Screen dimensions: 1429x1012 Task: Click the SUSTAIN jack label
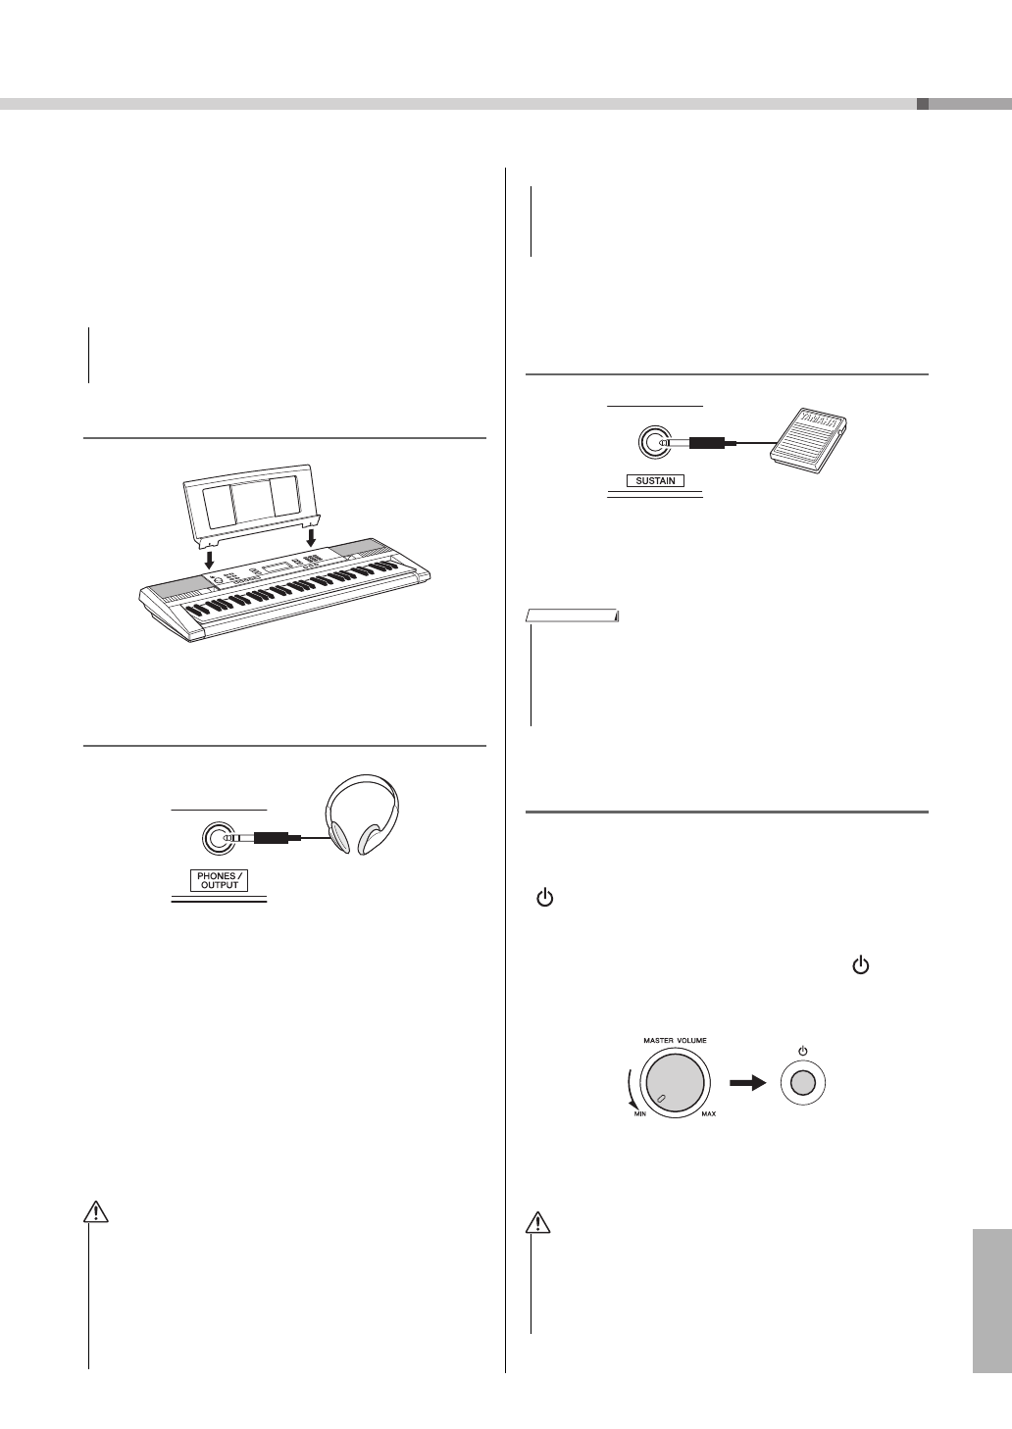655,481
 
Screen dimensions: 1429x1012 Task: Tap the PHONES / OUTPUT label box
219,880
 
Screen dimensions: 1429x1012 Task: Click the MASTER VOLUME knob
674,1084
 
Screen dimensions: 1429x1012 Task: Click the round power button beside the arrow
802,1083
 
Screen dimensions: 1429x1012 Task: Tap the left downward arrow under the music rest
208,560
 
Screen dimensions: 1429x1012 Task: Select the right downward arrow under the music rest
311,538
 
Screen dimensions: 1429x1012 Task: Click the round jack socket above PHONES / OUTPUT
217,838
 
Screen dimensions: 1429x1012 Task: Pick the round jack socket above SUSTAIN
653,443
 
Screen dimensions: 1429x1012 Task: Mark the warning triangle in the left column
95,1212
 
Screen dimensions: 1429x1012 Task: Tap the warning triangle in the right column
537,1222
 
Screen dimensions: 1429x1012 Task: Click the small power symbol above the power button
802,1051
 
